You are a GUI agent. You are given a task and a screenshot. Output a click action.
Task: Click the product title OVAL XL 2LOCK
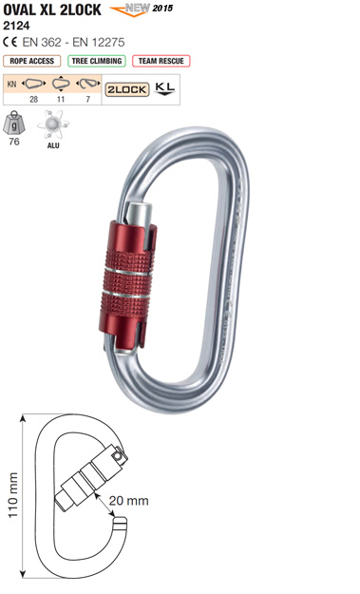click(52, 10)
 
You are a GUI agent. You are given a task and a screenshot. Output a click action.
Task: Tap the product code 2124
click(16, 26)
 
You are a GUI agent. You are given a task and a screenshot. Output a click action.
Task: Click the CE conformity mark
click(10, 42)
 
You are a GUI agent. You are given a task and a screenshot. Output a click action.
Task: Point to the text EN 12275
click(99, 42)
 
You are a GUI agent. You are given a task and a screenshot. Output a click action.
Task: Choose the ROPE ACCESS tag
click(31, 61)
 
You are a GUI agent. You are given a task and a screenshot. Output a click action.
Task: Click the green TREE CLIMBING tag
click(97, 61)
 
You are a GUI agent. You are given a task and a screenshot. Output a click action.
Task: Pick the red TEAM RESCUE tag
click(161, 61)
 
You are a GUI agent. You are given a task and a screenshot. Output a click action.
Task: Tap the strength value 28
click(33, 99)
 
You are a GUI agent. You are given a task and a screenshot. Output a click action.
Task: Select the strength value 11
click(61, 99)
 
